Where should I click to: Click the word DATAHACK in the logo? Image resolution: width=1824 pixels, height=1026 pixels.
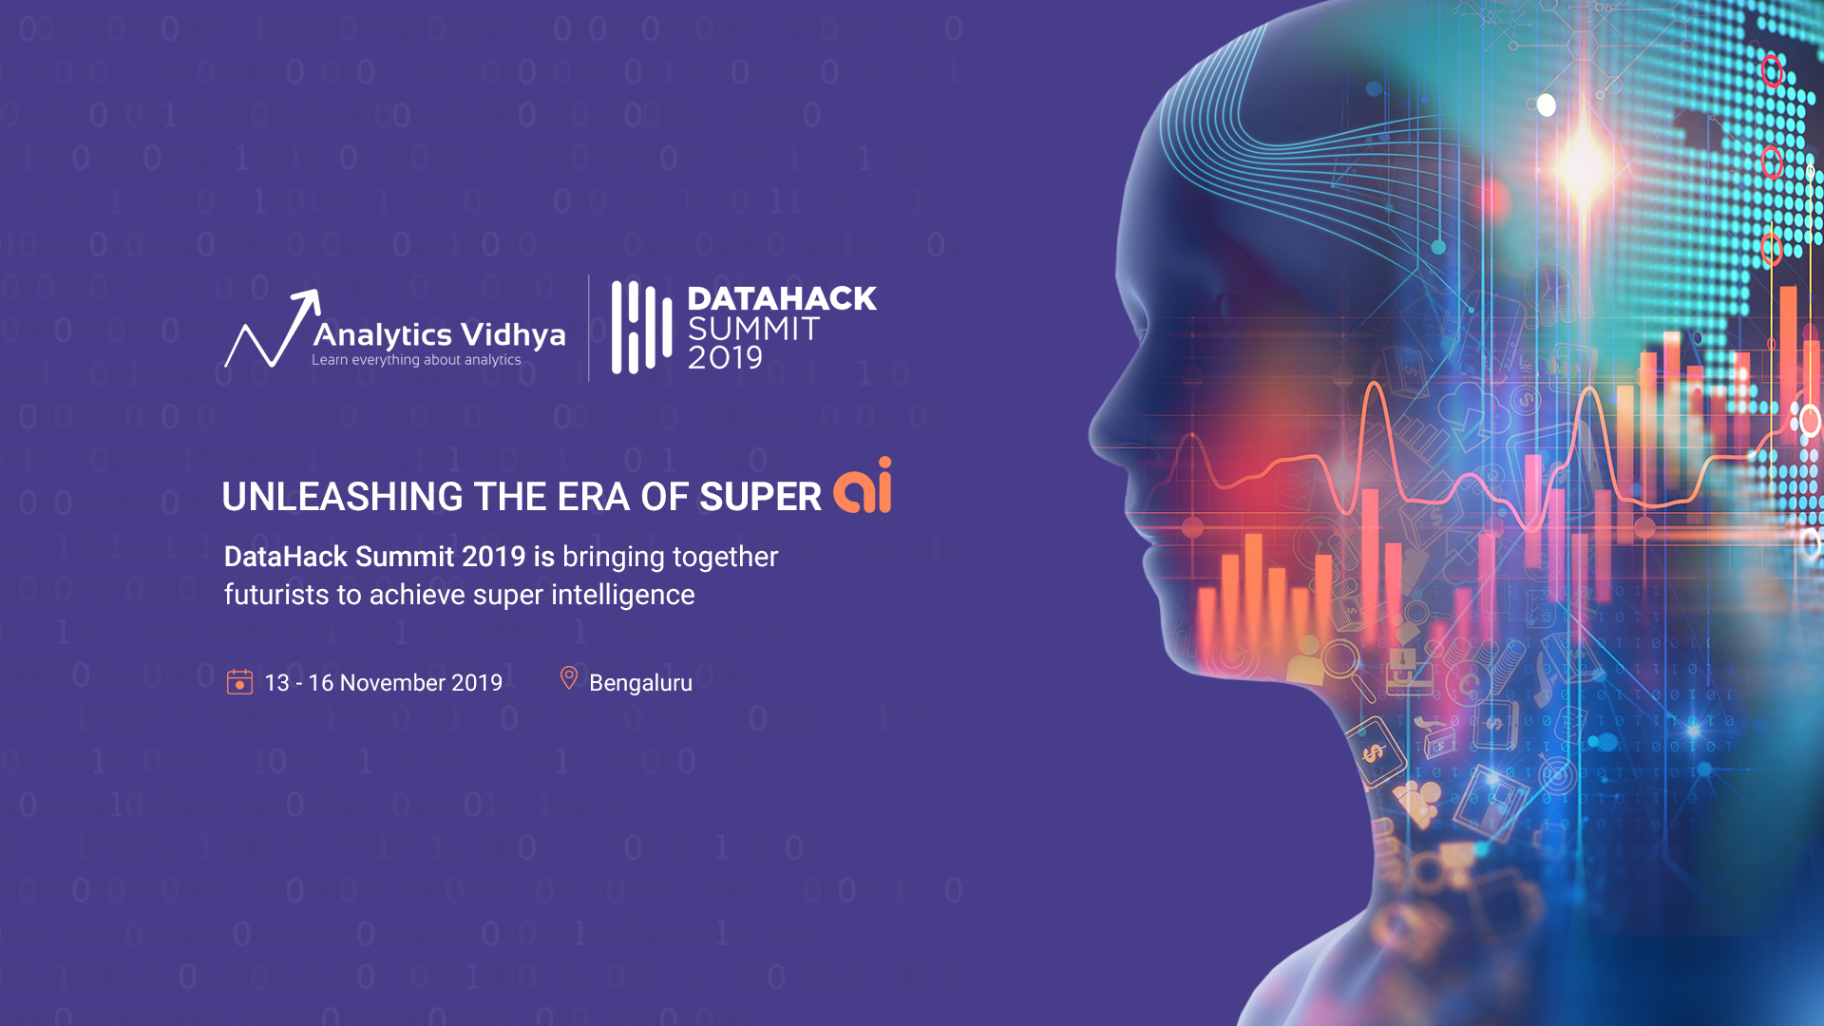coord(782,298)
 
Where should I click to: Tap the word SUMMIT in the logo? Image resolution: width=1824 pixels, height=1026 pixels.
coord(753,329)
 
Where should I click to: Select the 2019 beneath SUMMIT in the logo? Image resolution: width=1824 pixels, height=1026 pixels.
coord(725,358)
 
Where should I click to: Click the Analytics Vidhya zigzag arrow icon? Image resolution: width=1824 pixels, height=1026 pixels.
coord(273,329)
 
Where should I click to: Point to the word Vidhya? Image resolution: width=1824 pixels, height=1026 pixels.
coord(513,334)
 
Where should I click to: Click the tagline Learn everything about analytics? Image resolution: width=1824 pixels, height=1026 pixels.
coord(416,360)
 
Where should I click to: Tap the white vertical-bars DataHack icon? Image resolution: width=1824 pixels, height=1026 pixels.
coord(641,327)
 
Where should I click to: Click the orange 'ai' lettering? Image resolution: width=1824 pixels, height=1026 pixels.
coord(863,485)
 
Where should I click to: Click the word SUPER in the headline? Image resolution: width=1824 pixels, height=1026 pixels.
coord(761,497)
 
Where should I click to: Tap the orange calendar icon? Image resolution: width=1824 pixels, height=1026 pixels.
coord(239,682)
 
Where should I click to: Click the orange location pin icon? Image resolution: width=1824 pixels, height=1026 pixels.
coord(569,678)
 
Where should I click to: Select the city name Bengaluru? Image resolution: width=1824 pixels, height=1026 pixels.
coord(640,683)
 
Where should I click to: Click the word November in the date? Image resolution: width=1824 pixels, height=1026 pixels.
coord(392,683)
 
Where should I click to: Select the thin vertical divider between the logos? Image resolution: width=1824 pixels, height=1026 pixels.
coord(589,328)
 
